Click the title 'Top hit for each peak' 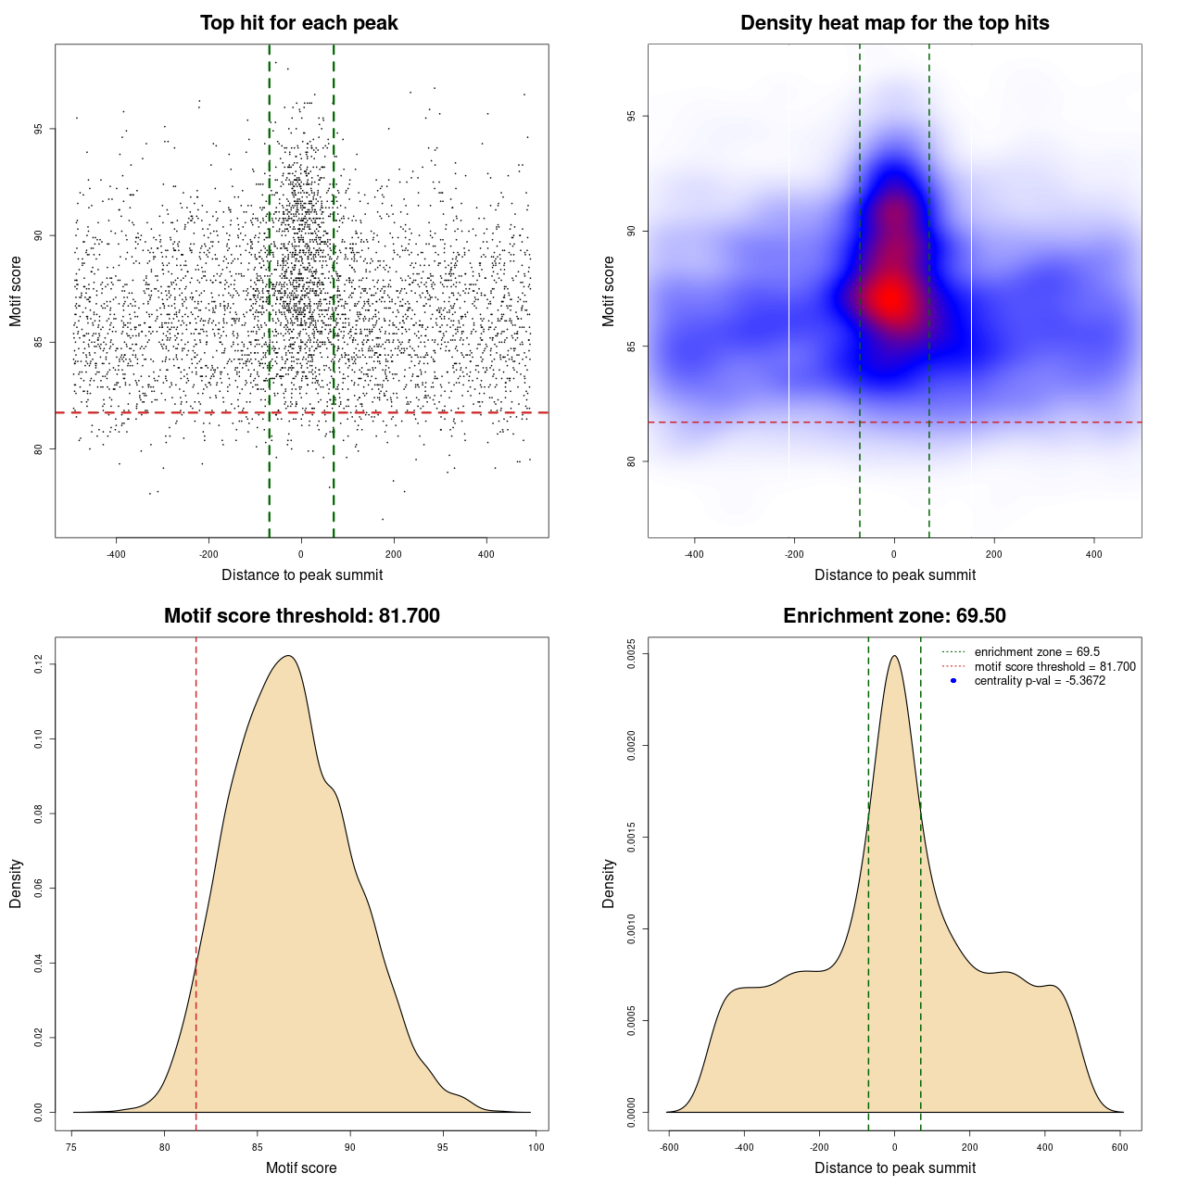click(x=298, y=23)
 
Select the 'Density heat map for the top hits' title click(x=894, y=23)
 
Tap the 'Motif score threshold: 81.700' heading click(x=301, y=616)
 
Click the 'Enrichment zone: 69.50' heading click(x=894, y=616)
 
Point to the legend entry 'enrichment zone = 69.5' click(x=1037, y=652)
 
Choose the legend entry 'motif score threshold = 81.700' click(x=1054, y=666)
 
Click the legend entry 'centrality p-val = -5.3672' click(x=1040, y=681)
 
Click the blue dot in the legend click(x=953, y=681)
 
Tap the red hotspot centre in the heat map click(x=892, y=298)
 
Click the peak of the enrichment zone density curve click(x=894, y=656)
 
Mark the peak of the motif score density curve click(x=289, y=656)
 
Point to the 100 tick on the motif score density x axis click(x=536, y=1147)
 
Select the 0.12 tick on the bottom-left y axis click(x=38, y=664)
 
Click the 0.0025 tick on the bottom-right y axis click(x=631, y=654)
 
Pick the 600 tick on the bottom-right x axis click(x=1120, y=1147)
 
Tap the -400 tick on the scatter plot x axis click(x=116, y=554)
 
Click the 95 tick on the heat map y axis click(x=631, y=116)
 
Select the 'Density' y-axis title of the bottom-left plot click(x=16, y=883)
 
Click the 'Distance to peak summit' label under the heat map click(x=894, y=574)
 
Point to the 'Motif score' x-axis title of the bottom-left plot click(x=301, y=1167)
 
